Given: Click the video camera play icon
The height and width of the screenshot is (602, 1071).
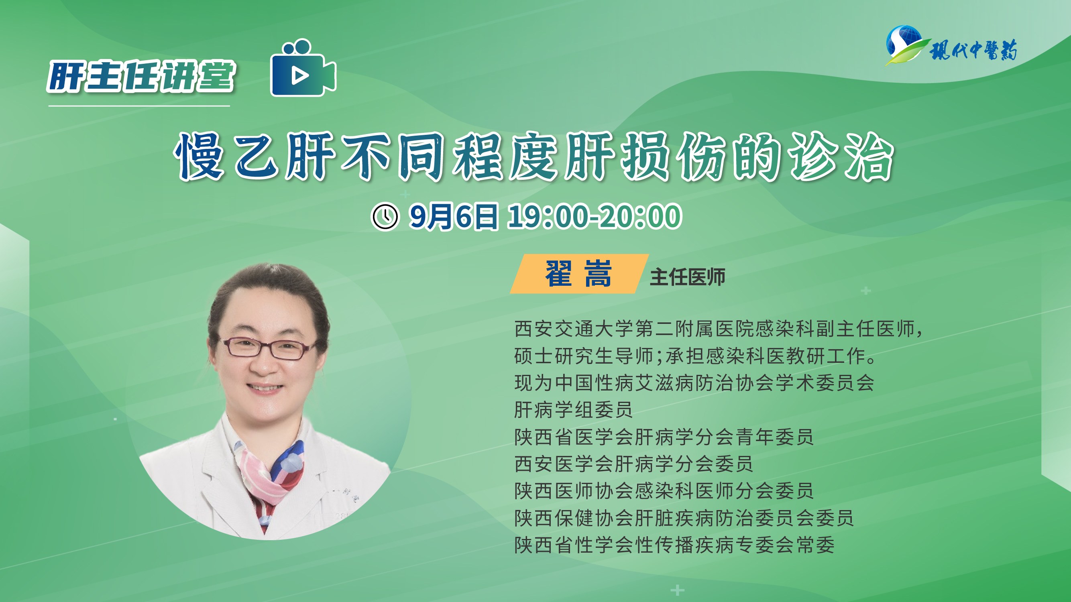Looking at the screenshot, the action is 303,68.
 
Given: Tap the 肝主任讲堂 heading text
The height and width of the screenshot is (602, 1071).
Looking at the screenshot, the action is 141,76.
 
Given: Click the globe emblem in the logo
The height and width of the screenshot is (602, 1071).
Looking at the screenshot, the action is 904,42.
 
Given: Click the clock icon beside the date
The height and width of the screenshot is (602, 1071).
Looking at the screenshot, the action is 385,216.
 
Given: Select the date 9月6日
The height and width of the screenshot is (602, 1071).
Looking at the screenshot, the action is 453,216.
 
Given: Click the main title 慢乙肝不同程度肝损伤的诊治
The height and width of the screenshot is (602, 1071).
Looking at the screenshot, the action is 534,157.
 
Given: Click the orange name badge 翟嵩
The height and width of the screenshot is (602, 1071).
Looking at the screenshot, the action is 579,274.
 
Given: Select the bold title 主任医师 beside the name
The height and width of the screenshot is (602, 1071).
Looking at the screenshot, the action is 688,277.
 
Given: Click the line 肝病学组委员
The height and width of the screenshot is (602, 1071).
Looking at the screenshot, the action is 573,410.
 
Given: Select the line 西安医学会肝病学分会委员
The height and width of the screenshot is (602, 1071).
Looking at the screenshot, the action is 633,464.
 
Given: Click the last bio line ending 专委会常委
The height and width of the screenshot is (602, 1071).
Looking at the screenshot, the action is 674,545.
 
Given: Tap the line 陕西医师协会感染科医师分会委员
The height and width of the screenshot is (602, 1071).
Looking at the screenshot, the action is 664,491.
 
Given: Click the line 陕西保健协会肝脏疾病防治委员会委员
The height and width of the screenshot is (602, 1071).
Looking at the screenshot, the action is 684,518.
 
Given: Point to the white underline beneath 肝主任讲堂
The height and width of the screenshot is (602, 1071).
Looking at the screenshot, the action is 139,106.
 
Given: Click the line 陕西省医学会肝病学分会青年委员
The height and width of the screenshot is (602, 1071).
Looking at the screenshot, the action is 664,437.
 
